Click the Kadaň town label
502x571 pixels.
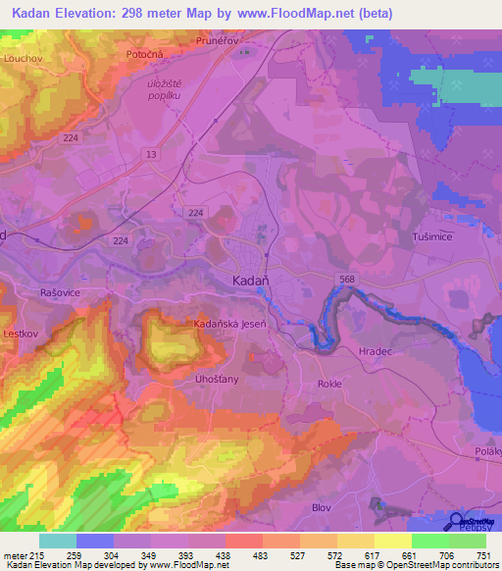(251, 280)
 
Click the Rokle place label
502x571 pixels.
(329, 384)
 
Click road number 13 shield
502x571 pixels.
(150, 154)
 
